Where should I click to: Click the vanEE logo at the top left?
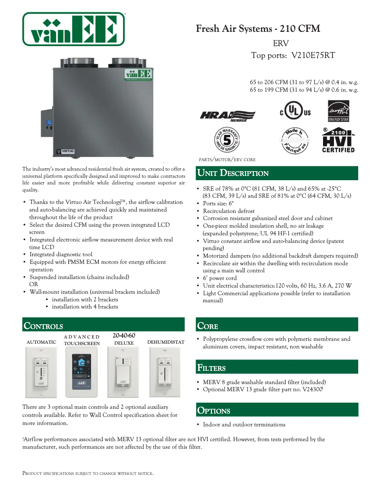point(74,29)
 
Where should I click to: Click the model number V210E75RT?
point(313,55)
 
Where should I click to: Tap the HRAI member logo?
point(228,115)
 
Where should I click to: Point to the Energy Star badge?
point(338,111)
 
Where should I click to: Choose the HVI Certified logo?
point(338,140)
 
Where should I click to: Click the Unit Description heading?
point(233,173)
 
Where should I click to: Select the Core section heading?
point(208,326)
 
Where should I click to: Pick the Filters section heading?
point(211,367)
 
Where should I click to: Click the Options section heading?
point(214,411)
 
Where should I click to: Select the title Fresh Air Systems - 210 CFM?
point(258,29)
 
